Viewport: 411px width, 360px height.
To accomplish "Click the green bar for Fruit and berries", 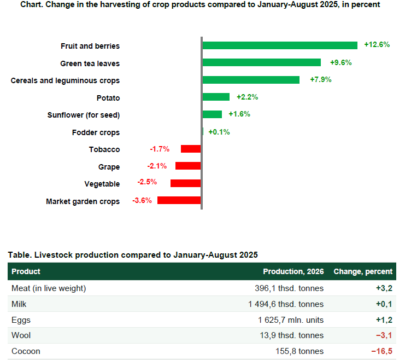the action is (280, 45).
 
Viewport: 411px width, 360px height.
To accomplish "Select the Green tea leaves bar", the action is (262, 62).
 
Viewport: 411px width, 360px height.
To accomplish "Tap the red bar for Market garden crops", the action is (179, 200).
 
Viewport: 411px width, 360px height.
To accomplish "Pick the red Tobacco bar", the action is (191, 149).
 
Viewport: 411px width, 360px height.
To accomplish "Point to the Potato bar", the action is (216, 97).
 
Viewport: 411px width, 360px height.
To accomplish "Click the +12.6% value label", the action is (377, 45).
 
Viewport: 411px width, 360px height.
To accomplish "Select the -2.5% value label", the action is (147, 182).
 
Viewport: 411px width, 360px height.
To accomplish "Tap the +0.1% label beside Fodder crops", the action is (219, 132).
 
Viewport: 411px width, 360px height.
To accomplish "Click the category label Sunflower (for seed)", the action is (84, 115).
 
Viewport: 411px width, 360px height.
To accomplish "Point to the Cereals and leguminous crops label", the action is (65, 80).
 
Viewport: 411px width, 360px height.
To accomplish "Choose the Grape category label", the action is (109, 167).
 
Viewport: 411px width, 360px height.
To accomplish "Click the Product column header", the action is (26, 271).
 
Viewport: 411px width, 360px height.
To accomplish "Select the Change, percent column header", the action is (363, 271).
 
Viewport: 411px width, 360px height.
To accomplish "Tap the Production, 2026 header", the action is (293, 271).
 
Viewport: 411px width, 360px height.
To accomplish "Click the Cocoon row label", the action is (26, 351).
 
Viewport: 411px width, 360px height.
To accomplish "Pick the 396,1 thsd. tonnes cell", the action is (289, 288).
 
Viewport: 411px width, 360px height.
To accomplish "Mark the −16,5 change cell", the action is (381, 351).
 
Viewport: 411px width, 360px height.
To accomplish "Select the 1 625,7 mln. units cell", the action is (291, 320).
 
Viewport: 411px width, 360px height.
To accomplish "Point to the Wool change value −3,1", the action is (384, 335).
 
